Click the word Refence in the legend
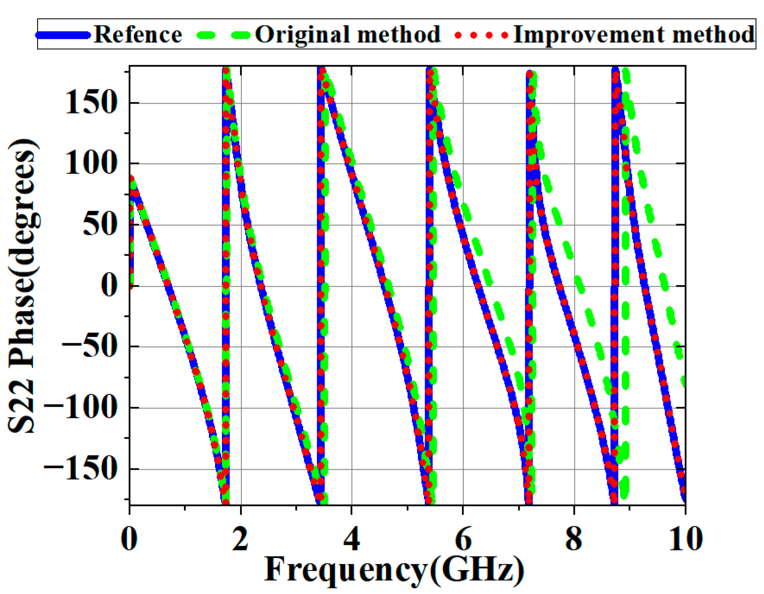(x=137, y=35)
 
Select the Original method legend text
(x=347, y=35)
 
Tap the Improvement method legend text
(x=634, y=35)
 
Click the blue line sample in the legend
(x=63, y=35)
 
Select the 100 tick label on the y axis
(x=92, y=164)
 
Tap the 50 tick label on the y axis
(x=100, y=224)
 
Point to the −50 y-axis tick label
(x=90, y=346)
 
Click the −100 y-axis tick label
(x=81, y=407)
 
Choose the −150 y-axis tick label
(x=81, y=468)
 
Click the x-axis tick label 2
(x=240, y=539)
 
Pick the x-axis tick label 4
(x=352, y=539)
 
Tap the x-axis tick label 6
(x=463, y=539)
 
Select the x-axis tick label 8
(x=574, y=539)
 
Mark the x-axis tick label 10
(x=685, y=539)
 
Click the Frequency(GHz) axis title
(x=394, y=570)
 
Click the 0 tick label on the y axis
(x=109, y=285)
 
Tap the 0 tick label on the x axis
(x=129, y=539)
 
